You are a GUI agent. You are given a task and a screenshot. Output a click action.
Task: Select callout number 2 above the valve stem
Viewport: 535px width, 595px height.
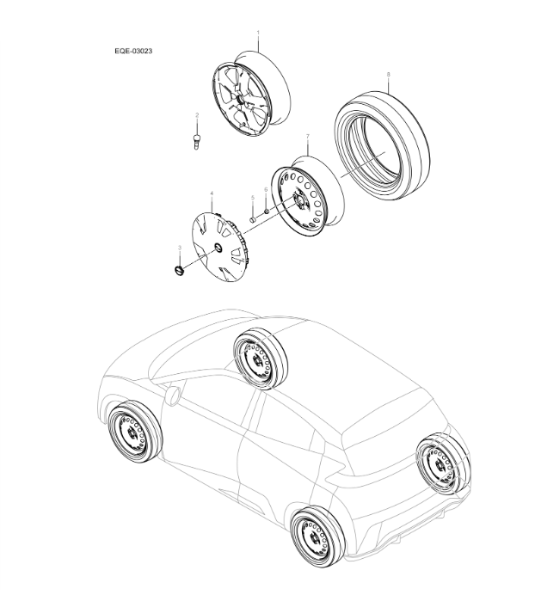point(197,114)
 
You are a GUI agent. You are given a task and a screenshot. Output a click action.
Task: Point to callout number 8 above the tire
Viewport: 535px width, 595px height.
point(388,75)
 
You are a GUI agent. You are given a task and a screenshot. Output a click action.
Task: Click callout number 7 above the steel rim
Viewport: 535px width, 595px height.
point(307,137)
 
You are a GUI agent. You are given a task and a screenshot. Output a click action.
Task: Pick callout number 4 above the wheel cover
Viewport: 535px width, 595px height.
point(212,194)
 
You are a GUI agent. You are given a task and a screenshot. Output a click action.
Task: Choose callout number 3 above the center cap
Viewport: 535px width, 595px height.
point(180,248)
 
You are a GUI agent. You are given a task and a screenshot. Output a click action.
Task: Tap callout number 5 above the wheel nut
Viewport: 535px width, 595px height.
point(253,198)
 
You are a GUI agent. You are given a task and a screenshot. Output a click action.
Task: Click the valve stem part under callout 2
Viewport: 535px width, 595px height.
point(197,139)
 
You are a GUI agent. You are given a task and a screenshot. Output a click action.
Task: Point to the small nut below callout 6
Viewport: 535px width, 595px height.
point(267,211)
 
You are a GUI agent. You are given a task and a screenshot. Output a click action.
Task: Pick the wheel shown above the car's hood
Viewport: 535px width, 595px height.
point(258,360)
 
